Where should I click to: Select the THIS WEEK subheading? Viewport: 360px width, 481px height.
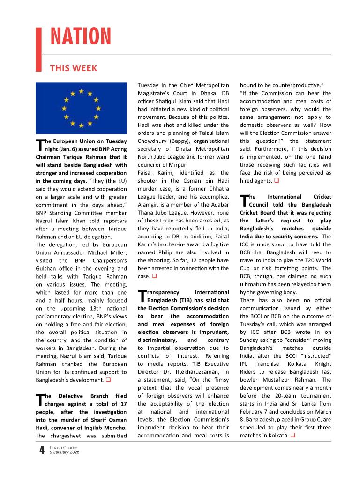[74, 68]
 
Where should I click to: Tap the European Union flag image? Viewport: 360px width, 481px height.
[81, 108]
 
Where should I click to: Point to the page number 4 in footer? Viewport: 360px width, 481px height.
[42, 451]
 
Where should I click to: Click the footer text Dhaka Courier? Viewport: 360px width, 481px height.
[64, 448]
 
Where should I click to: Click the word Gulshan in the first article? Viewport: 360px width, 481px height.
[47, 268]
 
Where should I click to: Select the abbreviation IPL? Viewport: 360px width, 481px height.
[247, 364]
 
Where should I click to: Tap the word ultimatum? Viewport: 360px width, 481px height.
[253, 284]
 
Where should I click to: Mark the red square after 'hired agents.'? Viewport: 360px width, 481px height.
[277, 181]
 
